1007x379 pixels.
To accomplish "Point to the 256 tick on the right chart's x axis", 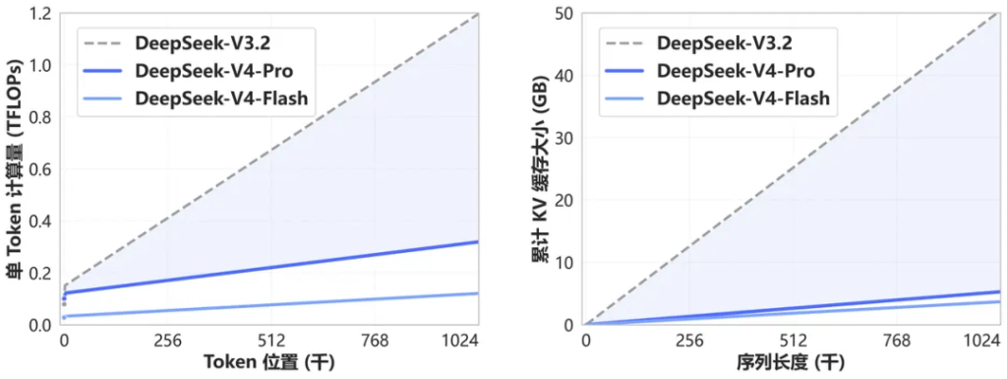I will [x=688, y=342].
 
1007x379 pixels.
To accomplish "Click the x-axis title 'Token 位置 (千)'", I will [x=268, y=364].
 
